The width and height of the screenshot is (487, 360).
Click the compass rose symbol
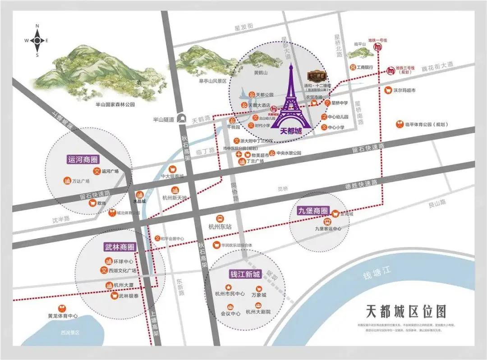pos(37,40)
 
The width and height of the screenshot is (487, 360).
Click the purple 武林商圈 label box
pos(119,247)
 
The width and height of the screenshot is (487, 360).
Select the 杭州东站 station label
pos(220,227)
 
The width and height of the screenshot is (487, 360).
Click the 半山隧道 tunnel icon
pos(183,118)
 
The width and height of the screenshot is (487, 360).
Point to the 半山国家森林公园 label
pos(115,104)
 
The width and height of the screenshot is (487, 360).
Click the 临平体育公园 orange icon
pos(399,123)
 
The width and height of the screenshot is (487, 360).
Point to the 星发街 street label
pos(244,28)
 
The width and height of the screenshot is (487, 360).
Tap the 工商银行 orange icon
pos(353,67)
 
